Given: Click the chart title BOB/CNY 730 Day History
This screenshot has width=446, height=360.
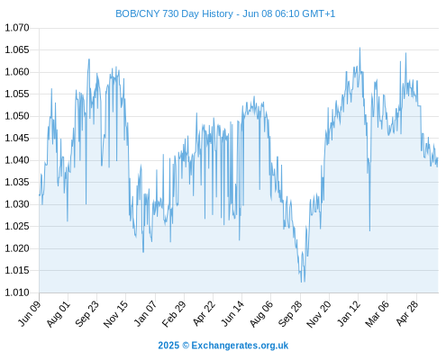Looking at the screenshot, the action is [174, 13].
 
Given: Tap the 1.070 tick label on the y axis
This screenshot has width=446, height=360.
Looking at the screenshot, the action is [17, 28].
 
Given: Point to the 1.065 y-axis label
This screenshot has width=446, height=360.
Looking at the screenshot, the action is [17, 49].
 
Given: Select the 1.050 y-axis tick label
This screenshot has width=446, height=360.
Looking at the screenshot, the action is [17, 116].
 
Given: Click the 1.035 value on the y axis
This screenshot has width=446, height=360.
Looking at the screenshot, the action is [17, 182].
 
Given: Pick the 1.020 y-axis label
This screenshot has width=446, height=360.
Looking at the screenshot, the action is [17, 248].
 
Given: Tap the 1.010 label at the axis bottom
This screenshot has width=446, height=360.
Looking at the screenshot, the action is [17, 292].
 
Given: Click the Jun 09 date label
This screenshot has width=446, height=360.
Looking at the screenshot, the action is [30, 313].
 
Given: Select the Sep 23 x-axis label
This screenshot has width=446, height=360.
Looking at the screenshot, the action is [86, 313].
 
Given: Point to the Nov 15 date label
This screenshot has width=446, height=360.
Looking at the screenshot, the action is [115, 313].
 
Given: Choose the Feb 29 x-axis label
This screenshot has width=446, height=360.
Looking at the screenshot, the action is [174, 313].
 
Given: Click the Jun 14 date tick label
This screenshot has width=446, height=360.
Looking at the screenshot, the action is [232, 313].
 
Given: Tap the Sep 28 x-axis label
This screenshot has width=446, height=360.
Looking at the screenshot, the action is [290, 313].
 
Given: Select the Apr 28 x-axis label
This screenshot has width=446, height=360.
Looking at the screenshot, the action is [407, 313].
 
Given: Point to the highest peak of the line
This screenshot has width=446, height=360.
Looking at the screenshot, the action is [360, 48].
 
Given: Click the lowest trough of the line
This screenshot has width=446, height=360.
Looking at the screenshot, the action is [301, 282].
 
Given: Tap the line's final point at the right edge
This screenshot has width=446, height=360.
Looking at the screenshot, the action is [438, 158].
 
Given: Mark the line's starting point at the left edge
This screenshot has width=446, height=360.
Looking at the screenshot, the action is [40, 195].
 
